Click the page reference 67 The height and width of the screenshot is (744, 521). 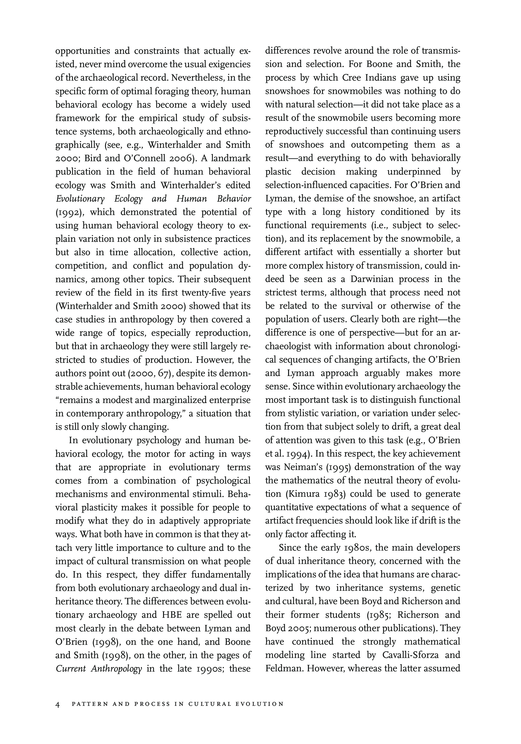tap(164, 373)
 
